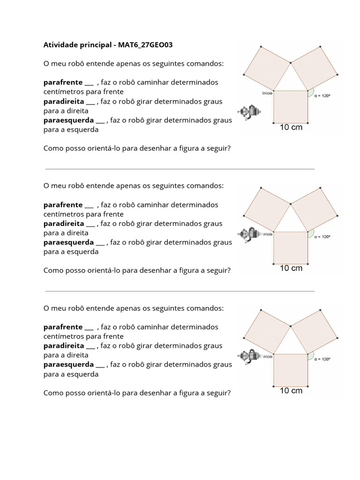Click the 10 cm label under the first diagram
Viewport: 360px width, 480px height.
(x=291, y=127)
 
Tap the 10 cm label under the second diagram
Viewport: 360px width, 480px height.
(x=291, y=268)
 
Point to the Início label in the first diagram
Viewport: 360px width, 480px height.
(x=267, y=93)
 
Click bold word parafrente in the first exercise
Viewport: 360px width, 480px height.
(x=63, y=82)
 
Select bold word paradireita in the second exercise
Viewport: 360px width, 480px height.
(x=64, y=224)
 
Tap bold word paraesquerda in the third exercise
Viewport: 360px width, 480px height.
(x=68, y=365)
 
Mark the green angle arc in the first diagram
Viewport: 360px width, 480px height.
(x=310, y=93)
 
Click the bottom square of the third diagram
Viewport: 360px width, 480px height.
(x=291, y=370)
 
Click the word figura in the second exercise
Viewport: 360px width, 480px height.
(x=186, y=270)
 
